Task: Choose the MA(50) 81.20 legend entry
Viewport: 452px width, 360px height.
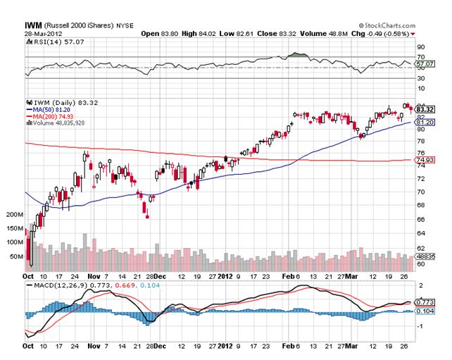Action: coord(51,110)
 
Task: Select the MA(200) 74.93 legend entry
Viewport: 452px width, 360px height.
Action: coord(53,116)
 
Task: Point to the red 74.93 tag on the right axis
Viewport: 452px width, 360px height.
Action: coord(423,160)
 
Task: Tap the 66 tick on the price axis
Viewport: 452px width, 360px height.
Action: coord(421,220)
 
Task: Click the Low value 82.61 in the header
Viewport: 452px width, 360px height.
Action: coord(240,33)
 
